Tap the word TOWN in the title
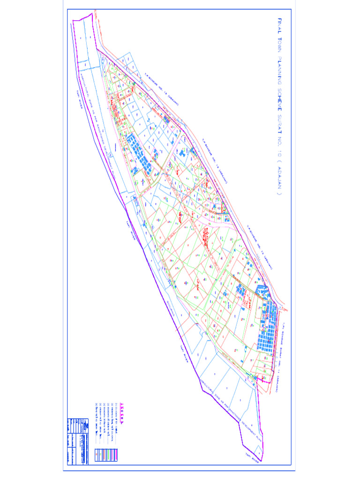tap(280, 45)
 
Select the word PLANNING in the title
tap(280, 72)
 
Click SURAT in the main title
tap(280, 127)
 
